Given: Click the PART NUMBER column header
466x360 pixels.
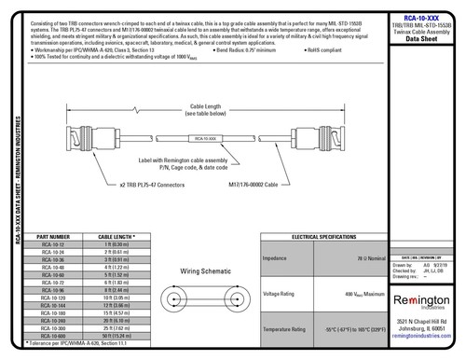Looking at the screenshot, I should click(x=52, y=238).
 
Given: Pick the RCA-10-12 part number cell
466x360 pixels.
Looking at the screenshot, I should click(x=52, y=244).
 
